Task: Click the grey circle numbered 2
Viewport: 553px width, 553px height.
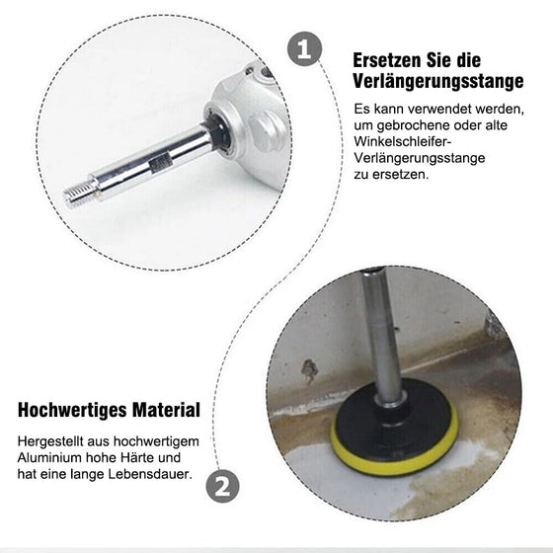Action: coord(223,485)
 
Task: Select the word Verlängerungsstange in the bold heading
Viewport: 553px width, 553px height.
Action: coord(437,82)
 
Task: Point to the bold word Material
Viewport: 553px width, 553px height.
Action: coord(169,409)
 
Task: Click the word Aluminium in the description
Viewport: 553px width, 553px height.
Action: coord(50,460)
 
